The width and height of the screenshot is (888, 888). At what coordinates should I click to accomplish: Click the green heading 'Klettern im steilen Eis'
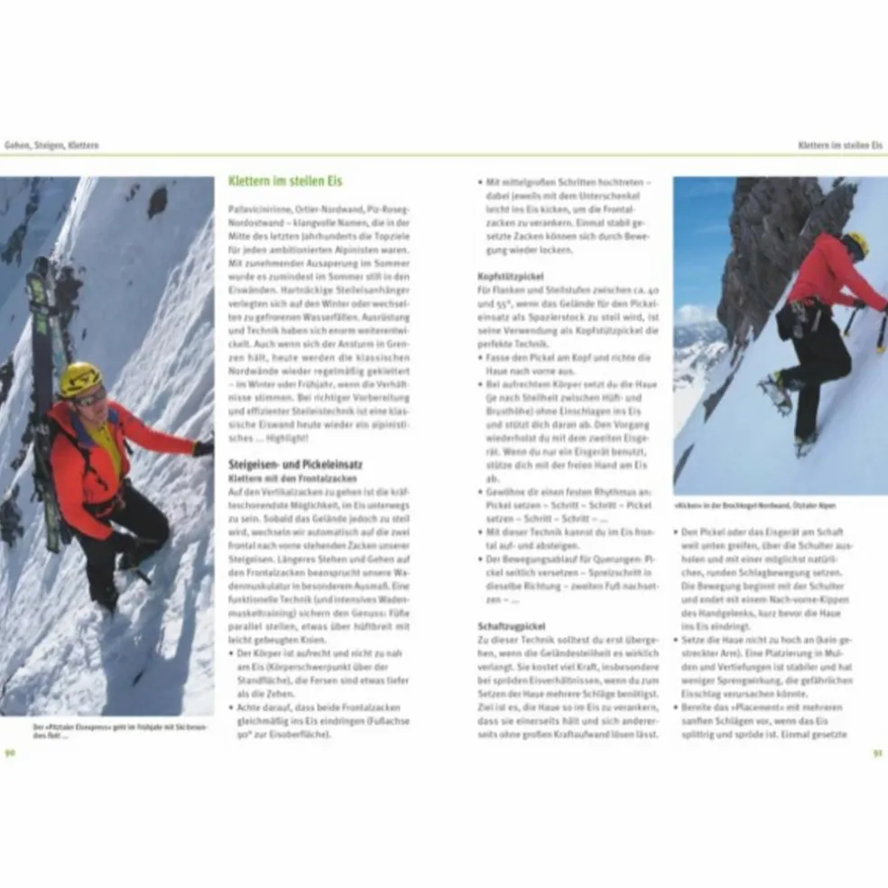pos(285,180)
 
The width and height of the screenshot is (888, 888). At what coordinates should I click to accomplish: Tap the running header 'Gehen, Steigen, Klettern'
pos(51,144)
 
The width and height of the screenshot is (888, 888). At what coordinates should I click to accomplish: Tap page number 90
pos(10,753)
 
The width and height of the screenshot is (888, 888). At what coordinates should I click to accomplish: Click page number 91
pos(876,753)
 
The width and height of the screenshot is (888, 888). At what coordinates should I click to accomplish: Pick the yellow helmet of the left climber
pos(79,377)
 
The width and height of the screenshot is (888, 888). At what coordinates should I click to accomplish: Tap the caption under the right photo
pos(754,506)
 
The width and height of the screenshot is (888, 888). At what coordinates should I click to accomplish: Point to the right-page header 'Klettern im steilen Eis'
pos(840,144)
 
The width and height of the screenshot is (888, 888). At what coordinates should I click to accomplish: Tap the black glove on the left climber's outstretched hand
pos(203,448)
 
